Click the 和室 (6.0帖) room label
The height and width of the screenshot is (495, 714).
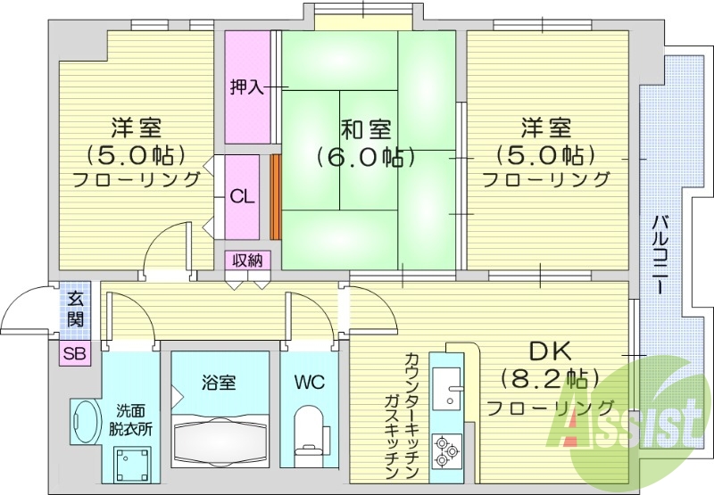(x=365, y=143)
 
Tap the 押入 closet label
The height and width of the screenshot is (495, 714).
(x=245, y=87)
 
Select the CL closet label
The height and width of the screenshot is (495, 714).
(x=242, y=197)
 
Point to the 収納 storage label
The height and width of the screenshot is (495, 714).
(x=247, y=260)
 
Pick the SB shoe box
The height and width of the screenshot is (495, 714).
(x=75, y=354)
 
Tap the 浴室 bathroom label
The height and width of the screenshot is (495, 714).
(x=220, y=384)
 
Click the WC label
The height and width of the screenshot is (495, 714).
(x=309, y=384)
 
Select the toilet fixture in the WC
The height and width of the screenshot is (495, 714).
(x=309, y=430)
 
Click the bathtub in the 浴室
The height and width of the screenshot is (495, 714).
(x=220, y=439)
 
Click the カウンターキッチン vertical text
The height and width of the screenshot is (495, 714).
(x=411, y=410)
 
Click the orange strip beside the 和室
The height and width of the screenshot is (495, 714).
(x=275, y=197)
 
